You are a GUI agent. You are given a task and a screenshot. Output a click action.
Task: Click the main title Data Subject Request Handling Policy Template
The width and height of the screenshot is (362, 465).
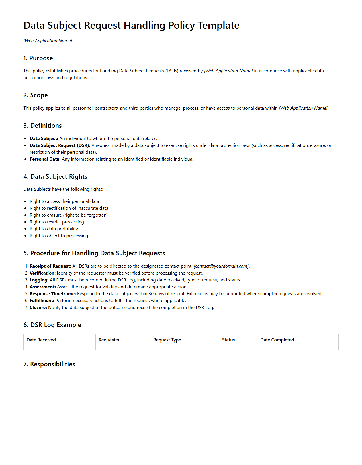click(x=131, y=26)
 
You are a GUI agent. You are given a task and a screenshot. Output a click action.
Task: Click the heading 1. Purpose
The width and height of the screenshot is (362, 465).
click(x=38, y=58)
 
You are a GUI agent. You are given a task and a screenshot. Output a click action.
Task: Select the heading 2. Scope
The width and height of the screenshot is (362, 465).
click(x=36, y=95)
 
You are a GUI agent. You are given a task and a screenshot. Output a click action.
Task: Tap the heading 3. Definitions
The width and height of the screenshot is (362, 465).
click(x=42, y=126)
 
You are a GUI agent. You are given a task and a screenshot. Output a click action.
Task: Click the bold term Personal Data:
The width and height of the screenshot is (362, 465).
click(x=45, y=159)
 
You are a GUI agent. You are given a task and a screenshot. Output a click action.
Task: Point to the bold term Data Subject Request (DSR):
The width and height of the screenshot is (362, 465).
click(x=60, y=145)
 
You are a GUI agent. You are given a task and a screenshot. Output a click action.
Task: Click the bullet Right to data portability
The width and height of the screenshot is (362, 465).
click(x=54, y=229)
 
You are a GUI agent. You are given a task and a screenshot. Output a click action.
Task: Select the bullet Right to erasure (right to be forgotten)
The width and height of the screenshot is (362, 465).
click(x=69, y=215)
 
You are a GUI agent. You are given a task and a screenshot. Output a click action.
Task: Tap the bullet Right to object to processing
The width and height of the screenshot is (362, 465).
click(x=59, y=236)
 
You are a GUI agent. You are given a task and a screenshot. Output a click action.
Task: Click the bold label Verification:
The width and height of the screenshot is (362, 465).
click(x=42, y=273)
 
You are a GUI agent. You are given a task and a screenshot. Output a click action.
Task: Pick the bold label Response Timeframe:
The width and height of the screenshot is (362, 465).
click(x=53, y=294)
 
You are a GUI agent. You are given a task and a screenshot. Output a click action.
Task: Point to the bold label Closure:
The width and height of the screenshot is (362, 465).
click(x=38, y=308)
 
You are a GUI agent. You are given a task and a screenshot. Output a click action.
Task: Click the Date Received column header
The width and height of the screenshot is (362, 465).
click(x=41, y=340)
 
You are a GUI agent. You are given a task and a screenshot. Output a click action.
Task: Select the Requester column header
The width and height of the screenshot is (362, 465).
click(x=109, y=340)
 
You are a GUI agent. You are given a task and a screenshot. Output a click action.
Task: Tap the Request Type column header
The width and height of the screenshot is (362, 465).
click(x=167, y=340)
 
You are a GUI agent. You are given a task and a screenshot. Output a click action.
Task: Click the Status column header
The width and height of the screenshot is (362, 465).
click(x=228, y=340)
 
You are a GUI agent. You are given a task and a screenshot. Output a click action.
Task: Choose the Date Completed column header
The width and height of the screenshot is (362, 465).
click(x=277, y=340)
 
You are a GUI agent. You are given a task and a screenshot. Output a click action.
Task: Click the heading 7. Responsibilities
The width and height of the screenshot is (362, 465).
click(x=49, y=364)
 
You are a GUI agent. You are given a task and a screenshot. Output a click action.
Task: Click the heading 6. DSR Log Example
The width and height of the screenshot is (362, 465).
click(x=52, y=325)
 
